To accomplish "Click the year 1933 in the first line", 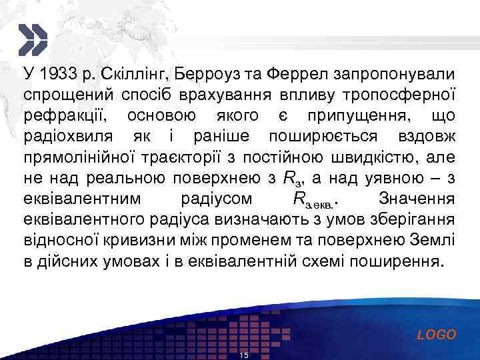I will coord(55,73).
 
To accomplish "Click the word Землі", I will coord(434,241).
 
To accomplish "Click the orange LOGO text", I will coord(437,335).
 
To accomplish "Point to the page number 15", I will coord(243,355).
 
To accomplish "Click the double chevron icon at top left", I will coord(32,39).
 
